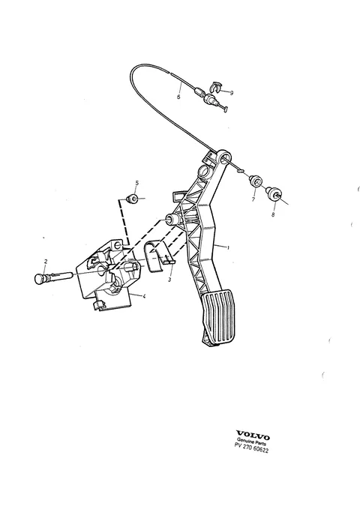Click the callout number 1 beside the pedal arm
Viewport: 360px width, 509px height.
point(228,247)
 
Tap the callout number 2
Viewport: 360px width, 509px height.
point(46,261)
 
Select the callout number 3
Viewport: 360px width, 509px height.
point(169,280)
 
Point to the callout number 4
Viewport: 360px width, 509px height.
point(144,295)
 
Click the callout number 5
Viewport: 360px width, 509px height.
point(136,183)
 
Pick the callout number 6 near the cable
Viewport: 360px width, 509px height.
point(178,97)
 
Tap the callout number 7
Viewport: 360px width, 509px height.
point(253,199)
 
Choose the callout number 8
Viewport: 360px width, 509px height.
point(273,214)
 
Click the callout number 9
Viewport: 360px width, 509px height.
point(232,93)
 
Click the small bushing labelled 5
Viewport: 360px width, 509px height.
point(132,198)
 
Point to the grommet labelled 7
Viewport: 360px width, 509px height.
point(255,181)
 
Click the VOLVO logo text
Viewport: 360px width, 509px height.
point(253,435)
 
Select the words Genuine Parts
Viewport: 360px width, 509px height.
point(251,441)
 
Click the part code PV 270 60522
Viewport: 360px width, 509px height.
point(251,448)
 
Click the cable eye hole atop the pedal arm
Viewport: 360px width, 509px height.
point(224,159)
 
